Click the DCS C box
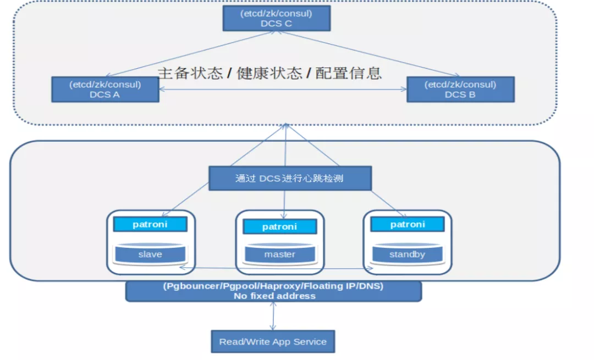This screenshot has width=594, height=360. point(276,18)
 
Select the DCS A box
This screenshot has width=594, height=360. point(105,90)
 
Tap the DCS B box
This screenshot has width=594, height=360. point(460,90)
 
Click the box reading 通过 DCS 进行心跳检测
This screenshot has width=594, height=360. point(290,179)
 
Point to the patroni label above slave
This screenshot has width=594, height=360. point(150,224)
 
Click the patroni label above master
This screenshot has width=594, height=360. point(279,226)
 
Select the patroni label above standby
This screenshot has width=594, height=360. point(407,224)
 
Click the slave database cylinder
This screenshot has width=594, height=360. point(150,254)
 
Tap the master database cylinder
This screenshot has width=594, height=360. point(279,254)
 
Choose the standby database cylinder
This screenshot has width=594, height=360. point(407,254)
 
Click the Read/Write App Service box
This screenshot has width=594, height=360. point(273,341)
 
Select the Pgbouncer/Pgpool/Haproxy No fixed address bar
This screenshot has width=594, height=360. point(273,291)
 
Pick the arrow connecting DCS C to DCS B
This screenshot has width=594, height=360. point(369,54)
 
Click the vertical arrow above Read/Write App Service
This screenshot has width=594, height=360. point(273,316)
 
